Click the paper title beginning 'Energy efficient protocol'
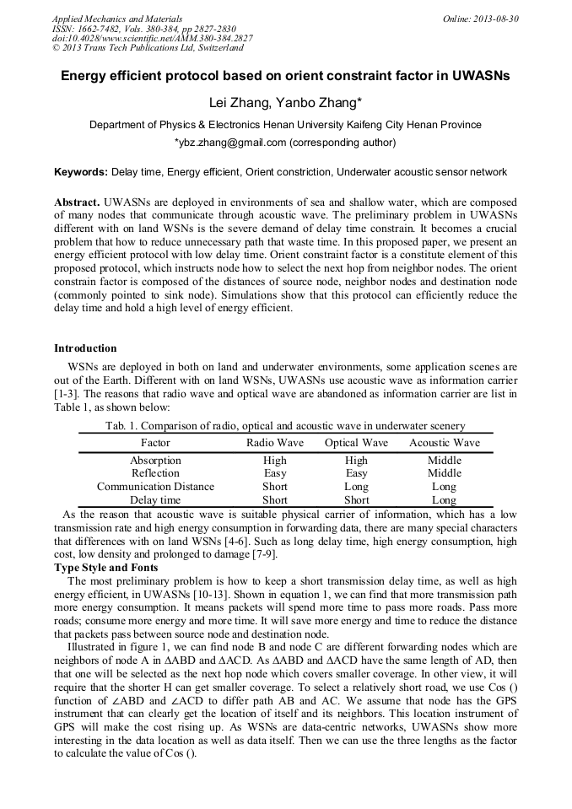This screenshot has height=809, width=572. tap(285, 76)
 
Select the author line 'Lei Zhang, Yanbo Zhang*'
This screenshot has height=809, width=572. tap(285, 103)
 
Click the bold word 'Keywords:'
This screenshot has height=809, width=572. tap(81, 172)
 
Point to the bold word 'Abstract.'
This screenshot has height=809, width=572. tap(77, 203)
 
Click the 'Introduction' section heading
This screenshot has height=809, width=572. tap(85, 348)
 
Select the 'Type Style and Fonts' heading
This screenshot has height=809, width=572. tap(106, 568)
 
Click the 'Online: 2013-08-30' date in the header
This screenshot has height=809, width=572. tap(481, 19)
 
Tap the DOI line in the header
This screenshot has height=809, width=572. tap(152, 39)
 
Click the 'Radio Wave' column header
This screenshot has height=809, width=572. tap(274, 443)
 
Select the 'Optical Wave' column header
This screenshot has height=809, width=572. tap(356, 443)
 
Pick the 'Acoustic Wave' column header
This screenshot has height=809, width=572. tap(444, 443)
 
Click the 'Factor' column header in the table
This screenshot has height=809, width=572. tap(155, 443)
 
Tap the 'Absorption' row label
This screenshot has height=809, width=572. tap(155, 461)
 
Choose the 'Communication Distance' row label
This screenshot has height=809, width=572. tap(155, 487)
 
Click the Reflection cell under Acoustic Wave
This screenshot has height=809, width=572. tap(444, 473)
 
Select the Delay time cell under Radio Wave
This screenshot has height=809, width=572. tap(274, 500)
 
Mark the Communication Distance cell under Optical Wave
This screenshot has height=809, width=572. tap(356, 487)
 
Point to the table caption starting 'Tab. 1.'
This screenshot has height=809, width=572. tap(285, 426)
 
